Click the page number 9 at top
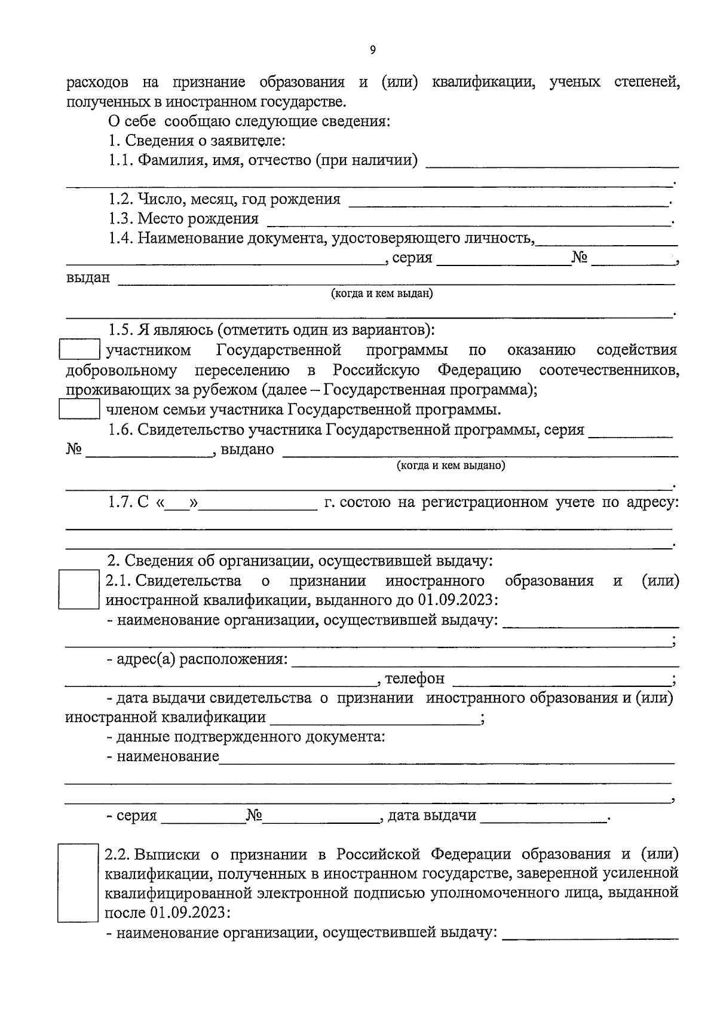click(372, 51)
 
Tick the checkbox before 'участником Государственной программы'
click(79, 350)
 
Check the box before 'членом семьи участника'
click(79, 410)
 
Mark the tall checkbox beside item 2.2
click(77, 882)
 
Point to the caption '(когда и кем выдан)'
click(382, 294)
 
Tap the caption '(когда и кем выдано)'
click(451, 466)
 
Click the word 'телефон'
click(415, 679)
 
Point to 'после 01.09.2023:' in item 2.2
click(168, 913)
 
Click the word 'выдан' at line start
click(88, 277)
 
